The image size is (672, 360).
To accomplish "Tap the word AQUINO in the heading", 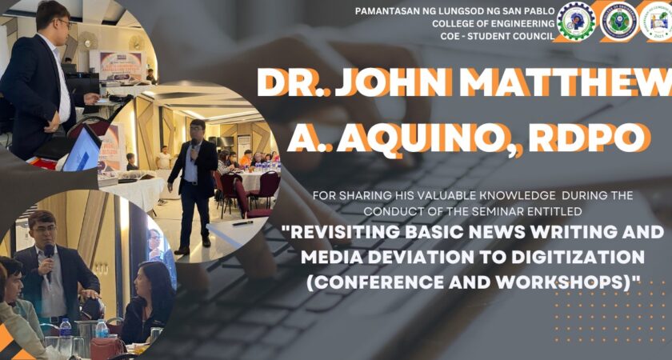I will coord(425,138).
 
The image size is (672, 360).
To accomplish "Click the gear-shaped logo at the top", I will coord(576,22).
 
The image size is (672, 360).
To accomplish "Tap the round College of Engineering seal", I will coord(618,22).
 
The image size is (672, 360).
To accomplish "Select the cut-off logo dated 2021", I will coord(657,22).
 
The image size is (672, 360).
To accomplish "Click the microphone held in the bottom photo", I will coord(50,253).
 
